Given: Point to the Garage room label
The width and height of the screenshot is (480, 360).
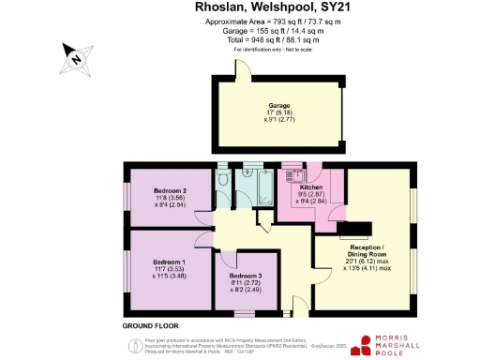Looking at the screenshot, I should pos(279,105).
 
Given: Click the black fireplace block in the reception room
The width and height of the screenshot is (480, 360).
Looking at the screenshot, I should pos(351,228).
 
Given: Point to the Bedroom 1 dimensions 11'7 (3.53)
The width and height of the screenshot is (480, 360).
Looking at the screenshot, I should pos(170,269).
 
